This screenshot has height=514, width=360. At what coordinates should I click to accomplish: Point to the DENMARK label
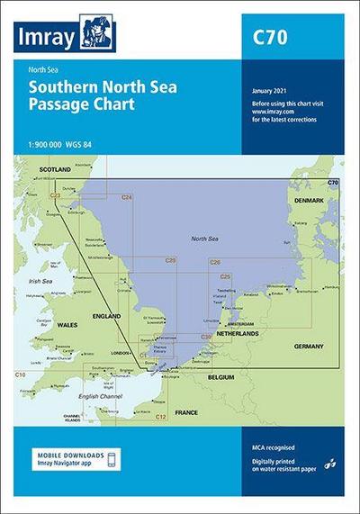pos(310,202)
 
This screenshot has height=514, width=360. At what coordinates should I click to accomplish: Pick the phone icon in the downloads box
pos(110,461)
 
